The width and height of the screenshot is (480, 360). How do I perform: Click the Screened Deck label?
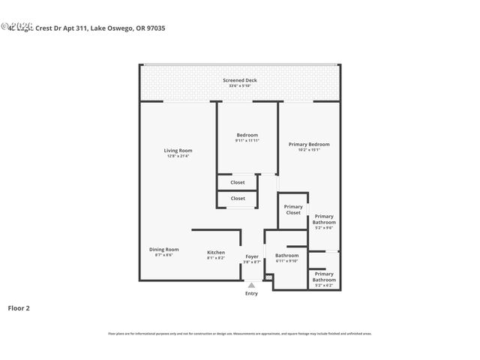239,80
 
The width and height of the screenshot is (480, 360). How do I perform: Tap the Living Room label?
178,151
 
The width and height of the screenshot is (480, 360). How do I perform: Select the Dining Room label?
163,249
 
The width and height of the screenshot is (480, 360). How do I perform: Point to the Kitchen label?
216,253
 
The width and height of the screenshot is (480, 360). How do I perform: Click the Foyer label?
252,256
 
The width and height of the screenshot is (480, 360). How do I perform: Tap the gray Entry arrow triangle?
251,285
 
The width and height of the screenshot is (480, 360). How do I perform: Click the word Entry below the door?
251,293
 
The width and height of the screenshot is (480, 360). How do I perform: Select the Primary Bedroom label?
309,144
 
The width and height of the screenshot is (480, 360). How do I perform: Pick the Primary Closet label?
293,209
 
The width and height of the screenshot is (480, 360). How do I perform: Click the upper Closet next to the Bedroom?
238,182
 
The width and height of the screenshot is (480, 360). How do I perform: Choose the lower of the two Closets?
238,199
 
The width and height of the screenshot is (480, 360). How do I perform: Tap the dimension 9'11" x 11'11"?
247,141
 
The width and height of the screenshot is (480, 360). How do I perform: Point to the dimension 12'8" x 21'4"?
178,156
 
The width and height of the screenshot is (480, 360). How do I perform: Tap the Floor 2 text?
19,307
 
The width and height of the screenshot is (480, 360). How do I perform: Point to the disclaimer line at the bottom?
239,334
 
